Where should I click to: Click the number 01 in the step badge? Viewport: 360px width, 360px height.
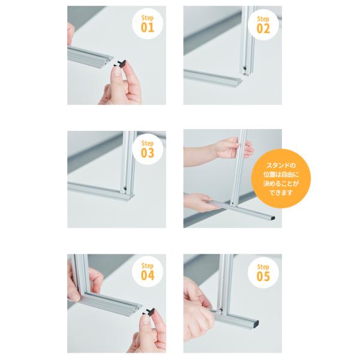click(148, 28)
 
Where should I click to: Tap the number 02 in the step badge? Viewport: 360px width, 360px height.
click(263, 29)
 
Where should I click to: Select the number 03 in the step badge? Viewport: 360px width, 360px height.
click(148, 153)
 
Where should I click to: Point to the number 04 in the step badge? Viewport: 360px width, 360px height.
click(148, 275)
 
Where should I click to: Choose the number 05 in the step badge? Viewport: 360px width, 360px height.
click(263, 276)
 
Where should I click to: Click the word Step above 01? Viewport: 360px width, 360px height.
click(148, 18)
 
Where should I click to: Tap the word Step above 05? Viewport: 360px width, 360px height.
click(263, 267)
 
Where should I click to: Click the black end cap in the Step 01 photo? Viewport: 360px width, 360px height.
click(121, 64)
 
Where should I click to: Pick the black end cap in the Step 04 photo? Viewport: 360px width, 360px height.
click(149, 312)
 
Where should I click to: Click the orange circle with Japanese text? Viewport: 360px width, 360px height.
click(281, 179)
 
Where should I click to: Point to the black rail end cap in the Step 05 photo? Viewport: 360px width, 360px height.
click(256, 323)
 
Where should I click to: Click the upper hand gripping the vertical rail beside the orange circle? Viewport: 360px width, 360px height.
click(232, 149)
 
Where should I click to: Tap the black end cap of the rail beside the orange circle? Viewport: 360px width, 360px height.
click(272, 218)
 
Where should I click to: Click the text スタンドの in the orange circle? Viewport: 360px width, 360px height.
click(281, 165)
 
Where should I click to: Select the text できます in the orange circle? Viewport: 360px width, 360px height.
click(281, 193)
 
